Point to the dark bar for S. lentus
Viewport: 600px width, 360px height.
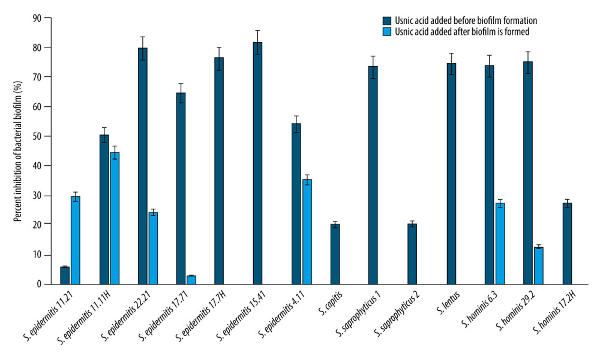tap(451, 173)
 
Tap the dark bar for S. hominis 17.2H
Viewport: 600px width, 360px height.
tap(567, 244)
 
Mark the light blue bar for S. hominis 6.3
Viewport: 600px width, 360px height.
tap(500, 244)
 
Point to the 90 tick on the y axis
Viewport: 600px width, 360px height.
tap(49, 18)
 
